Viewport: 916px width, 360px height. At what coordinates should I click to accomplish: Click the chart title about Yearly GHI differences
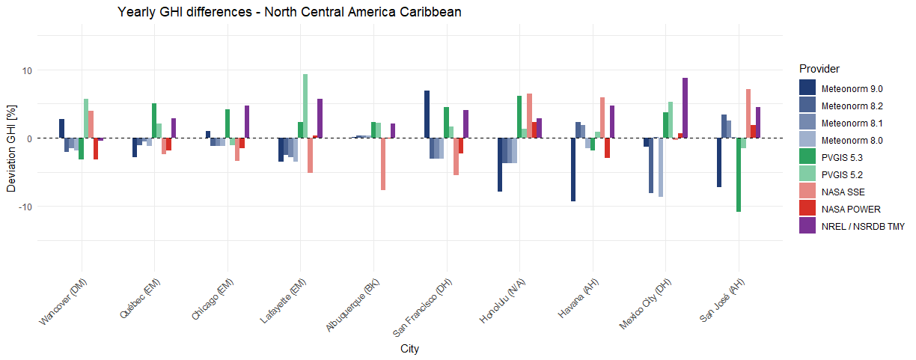[x=289, y=12]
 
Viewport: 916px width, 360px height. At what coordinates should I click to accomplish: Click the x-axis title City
[x=409, y=349]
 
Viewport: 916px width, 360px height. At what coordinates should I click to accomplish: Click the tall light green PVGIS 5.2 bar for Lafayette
[x=305, y=106]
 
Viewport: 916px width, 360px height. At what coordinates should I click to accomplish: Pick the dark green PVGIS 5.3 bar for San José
[x=739, y=175]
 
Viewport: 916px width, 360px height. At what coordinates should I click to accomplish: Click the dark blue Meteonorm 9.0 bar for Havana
[x=573, y=170]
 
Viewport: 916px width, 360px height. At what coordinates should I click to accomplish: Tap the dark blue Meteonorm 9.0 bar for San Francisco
[x=427, y=115]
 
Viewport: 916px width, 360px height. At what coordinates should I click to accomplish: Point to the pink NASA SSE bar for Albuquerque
[x=383, y=164]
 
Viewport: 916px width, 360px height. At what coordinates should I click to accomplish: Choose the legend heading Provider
[x=819, y=68]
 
